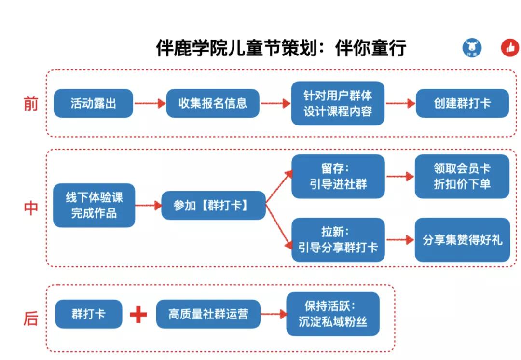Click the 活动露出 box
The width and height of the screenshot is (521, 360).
(93, 103)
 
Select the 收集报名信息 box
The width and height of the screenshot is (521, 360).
(212, 103)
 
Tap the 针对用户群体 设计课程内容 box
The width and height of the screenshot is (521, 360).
(338, 103)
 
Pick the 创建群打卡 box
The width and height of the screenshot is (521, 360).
(462, 103)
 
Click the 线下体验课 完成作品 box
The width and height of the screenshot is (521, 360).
(94, 205)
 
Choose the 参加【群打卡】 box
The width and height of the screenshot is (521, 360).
(213, 206)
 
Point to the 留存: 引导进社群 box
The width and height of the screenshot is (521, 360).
(338, 177)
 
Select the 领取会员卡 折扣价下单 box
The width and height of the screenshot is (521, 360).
(462, 177)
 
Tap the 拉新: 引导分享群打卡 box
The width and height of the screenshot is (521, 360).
(338, 240)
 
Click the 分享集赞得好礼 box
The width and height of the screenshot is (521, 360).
(462, 240)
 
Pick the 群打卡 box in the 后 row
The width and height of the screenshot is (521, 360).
(89, 314)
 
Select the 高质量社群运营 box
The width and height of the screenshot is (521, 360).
(208, 314)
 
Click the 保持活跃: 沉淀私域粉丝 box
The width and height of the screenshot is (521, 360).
(333, 314)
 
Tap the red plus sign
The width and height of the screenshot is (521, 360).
(138, 315)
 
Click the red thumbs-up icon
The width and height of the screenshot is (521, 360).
(510, 48)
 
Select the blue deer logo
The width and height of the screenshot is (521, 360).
(472, 48)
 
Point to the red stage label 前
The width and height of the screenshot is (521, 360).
(30, 104)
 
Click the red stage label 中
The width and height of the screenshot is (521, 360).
(30, 208)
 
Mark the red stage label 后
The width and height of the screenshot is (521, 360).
(30, 319)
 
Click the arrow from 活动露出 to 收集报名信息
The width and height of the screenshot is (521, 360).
(150, 103)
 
